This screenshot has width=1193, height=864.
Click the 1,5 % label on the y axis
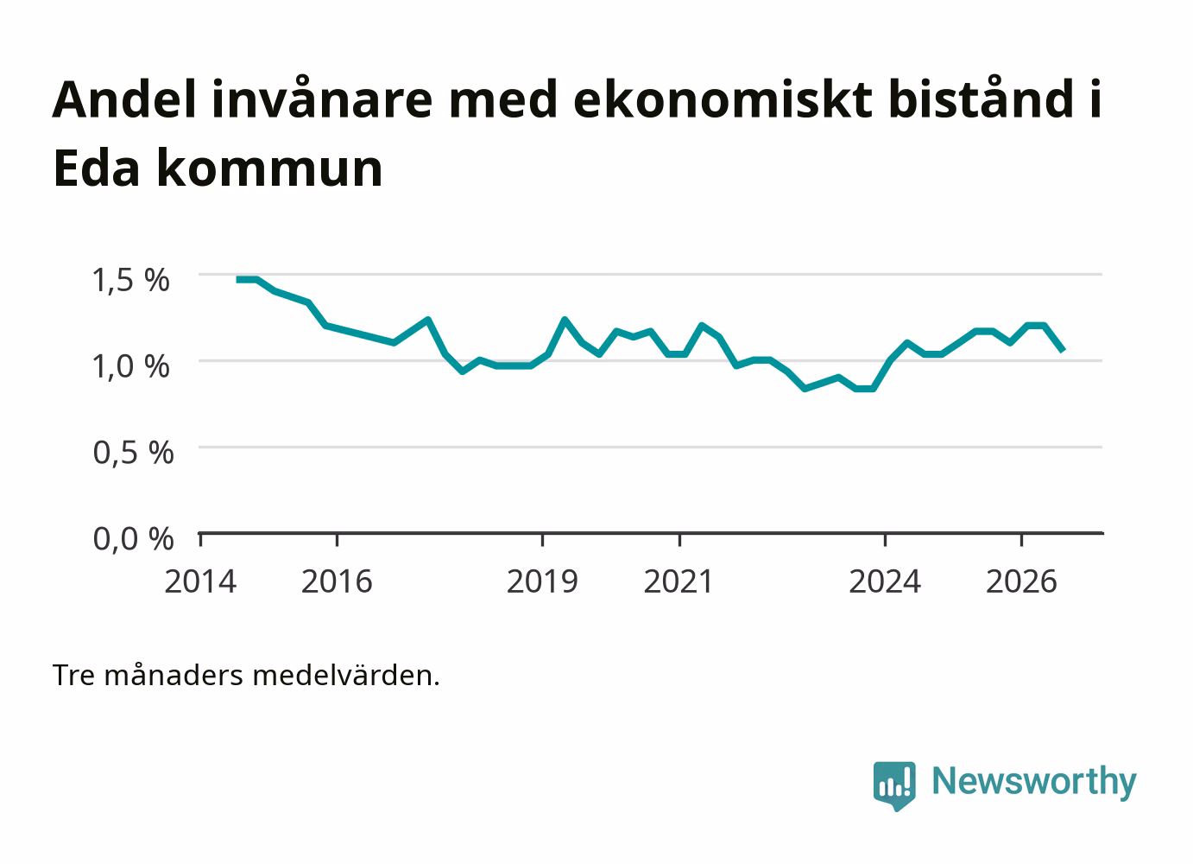[131, 280]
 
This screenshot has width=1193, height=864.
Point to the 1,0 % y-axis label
[131, 366]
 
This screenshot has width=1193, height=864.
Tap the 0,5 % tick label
[133, 453]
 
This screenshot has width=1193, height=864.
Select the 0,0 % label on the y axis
[133, 539]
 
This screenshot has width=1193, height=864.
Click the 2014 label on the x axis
[200, 581]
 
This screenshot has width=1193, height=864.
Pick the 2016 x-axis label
[337, 581]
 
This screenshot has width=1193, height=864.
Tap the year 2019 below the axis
[542, 581]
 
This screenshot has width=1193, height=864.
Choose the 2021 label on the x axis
[679, 581]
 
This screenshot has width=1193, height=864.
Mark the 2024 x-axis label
[885, 581]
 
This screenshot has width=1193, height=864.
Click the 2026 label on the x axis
[1021, 581]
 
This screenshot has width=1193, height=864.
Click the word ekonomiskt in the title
[723, 99]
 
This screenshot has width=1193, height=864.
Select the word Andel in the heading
[124, 99]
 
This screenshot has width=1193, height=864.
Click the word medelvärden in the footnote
[346, 676]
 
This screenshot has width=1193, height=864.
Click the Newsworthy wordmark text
[1034, 782]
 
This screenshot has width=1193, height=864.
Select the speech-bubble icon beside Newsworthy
[894, 785]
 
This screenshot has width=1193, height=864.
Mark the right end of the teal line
[1063, 351]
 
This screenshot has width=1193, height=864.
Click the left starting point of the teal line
[237, 280]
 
